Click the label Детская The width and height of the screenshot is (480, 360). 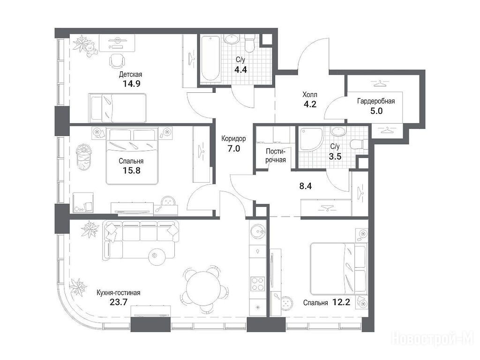pyautogui.click(x=130, y=75)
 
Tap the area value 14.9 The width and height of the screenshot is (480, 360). pyautogui.click(x=132, y=83)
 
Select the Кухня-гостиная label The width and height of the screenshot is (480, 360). pyautogui.click(x=118, y=293)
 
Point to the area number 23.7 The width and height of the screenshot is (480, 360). pyautogui.click(x=118, y=302)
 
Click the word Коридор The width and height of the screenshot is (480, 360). pyautogui.click(x=233, y=139)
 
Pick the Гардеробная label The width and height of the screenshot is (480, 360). pyautogui.click(x=376, y=101)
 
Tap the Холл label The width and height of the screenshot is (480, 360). pyautogui.click(x=309, y=94)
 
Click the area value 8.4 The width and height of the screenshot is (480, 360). pyautogui.click(x=306, y=186)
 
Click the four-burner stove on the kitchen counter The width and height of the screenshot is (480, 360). pyautogui.click(x=258, y=284)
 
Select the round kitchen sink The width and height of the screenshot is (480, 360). pyautogui.click(x=257, y=231)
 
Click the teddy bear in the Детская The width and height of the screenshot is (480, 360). pyautogui.click(x=90, y=50)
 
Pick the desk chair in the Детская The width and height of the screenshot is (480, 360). pyautogui.click(x=117, y=61)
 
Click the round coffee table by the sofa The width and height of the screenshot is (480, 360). pyautogui.click(x=157, y=256)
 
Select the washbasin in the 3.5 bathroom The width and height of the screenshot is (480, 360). pyautogui.click(x=338, y=132)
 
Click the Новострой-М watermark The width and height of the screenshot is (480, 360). pyautogui.click(x=432, y=338)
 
